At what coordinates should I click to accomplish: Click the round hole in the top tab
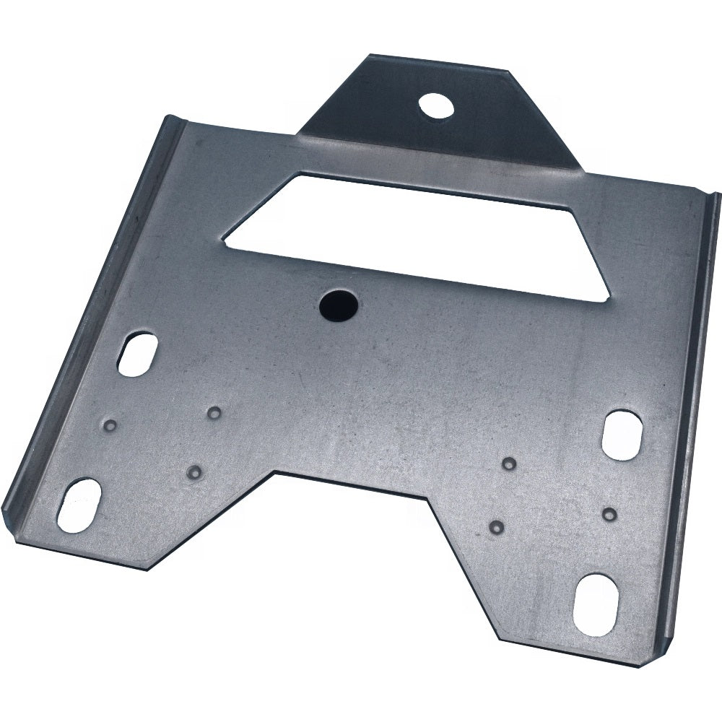coord(437,107)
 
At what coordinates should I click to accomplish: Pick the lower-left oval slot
coord(79,505)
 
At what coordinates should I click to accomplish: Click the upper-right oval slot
coord(623,435)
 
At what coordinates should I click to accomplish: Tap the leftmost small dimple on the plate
coord(110,424)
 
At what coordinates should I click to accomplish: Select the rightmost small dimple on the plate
coord(609,514)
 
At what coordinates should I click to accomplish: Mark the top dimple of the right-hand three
coord(509,463)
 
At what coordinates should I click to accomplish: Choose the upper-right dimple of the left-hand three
coord(214,413)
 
